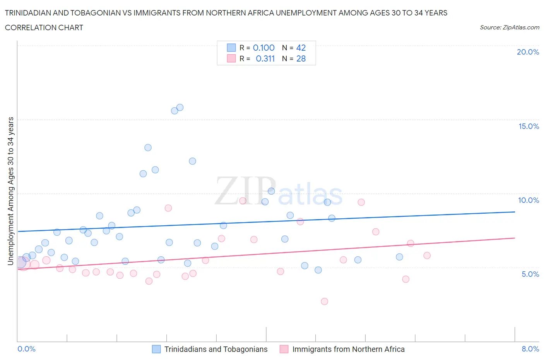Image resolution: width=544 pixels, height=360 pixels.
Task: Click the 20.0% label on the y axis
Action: click(x=528, y=52)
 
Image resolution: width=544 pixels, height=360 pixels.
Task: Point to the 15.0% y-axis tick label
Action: click(x=529, y=126)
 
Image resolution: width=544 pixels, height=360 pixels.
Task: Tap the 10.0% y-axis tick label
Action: click(x=529, y=200)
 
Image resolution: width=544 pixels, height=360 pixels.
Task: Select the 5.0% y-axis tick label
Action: click(x=530, y=274)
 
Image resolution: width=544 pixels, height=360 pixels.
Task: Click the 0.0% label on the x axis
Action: click(x=26, y=349)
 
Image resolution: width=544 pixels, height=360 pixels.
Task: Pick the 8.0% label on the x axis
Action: click(x=530, y=349)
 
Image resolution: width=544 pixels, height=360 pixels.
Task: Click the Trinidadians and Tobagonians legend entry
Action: click(x=216, y=349)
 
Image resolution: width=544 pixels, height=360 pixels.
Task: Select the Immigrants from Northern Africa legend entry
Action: click(x=348, y=349)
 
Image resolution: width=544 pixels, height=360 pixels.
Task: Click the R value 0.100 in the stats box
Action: click(x=263, y=48)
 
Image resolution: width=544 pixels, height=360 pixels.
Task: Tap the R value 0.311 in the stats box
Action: click(x=265, y=58)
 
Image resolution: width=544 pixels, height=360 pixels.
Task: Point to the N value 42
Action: click(x=301, y=48)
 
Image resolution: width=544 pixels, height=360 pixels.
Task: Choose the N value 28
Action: click(x=301, y=58)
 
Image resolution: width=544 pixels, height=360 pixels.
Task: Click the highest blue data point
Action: click(x=180, y=107)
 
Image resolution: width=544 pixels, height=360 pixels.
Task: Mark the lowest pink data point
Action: click(x=324, y=301)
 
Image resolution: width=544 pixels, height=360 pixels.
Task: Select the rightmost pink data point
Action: click(x=427, y=255)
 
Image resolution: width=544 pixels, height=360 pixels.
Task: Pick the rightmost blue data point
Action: click(x=399, y=257)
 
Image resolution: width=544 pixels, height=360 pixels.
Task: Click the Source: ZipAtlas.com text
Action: click(x=509, y=27)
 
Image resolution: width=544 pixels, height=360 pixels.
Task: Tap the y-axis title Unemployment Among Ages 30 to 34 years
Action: click(x=11, y=191)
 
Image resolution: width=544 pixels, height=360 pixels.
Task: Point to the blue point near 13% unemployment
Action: click(x=148, y=147)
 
